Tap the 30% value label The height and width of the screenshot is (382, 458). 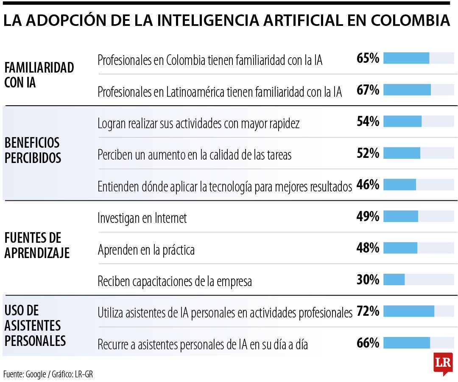pyautogui.click(x=368, y=280)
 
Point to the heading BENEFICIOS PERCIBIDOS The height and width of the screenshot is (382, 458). pyautogui.click(x=33, y=150)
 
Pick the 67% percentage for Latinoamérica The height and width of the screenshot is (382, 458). pyautogui.click(x=368, y=90)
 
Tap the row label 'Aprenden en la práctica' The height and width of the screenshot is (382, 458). pyautogui.click(x=146, y=250)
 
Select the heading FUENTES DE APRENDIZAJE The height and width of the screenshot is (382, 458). pyautogui.click(x=37, y=245)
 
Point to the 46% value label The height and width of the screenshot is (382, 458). pyautogui.click(x=368, y=185)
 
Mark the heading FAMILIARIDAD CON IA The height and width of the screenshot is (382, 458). pyautogui.click(x=39, y=75)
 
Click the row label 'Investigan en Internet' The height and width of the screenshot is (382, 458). pyautogui.click(x=142, y=218)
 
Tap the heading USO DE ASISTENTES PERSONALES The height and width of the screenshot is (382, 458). pyautogui.click(x=35, y=326)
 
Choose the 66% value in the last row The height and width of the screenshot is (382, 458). pyautogui.click(x=368, y=343)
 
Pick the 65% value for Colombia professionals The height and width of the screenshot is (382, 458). pyautogui.click(x=368, y=58)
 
